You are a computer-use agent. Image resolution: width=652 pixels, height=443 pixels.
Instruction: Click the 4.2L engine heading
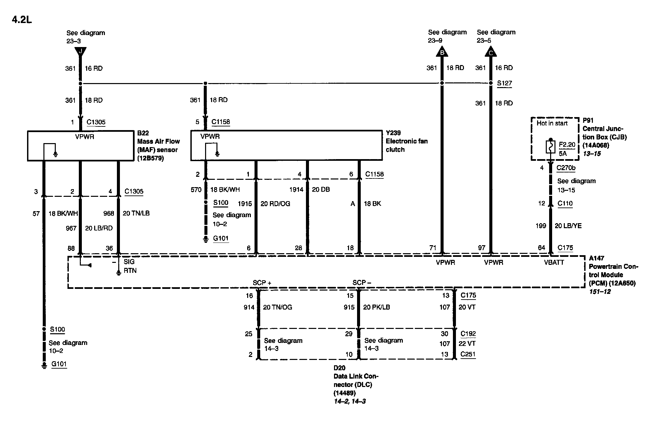[22, 20]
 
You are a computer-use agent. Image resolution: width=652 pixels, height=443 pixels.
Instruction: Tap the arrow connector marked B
[442, 52]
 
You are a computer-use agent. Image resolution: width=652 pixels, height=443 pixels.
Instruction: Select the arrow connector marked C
[491, 52]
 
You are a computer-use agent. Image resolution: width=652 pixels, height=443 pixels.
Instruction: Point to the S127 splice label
[504, 83]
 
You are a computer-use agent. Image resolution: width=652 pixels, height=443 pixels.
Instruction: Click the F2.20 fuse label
[567, 145]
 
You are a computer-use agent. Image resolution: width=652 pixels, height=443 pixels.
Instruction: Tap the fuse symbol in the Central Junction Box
[551, 146]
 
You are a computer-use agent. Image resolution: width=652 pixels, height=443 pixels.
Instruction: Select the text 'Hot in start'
[552, 123]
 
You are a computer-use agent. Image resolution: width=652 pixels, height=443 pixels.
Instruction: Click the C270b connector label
[566, 168]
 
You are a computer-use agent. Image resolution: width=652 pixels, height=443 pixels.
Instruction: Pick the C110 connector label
[565, 203]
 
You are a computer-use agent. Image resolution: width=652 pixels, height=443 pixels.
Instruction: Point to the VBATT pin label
[554, 263]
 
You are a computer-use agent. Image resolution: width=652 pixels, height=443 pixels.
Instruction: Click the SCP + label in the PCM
[262, 283]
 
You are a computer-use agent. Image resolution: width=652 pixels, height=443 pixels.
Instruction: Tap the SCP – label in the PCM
[362, 283]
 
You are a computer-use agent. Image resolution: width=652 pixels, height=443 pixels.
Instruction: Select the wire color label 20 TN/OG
[277, 307]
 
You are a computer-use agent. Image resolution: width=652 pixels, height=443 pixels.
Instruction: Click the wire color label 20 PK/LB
[376, 307]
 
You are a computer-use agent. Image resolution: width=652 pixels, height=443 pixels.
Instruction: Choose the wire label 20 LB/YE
[568, 226]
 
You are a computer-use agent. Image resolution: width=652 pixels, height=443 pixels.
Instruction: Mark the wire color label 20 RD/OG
[275, 204]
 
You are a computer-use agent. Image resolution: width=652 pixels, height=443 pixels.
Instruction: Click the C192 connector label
[468, 334]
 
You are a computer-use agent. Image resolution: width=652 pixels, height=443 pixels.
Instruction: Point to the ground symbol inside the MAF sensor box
[55, 154]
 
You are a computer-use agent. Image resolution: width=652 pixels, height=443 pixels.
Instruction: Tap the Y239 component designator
[393, 133]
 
